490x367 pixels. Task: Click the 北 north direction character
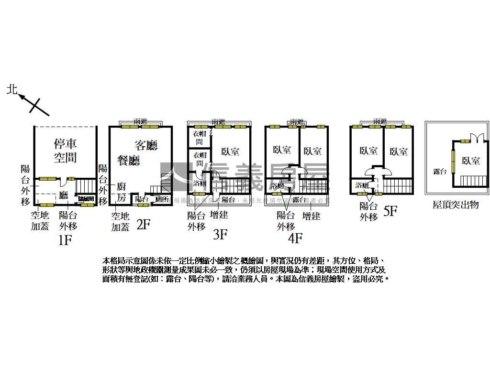pyautogui.click(x=12, y=89)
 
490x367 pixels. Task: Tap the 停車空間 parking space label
pyautogui.click(x=66, y=150)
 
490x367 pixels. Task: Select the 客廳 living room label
pyautogui.click(x=146, y=145)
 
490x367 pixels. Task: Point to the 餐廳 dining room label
pyautogui.click(x=129, y=160)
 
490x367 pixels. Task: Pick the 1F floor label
pyautogui.click(x=65, y=240)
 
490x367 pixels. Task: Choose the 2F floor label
pyautogui.click(x=144, y=225)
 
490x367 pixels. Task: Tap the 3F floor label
pyautogui.click(x=220, y=234)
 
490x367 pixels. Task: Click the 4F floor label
pyautogui.click(x=295, y=237)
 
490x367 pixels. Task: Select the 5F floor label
pyautogui.click(x=390, y=211)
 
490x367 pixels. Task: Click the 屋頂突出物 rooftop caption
pyautogui.click(x=456, y=205)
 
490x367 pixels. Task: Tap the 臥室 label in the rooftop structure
pyautogui.click(x=471, y=161)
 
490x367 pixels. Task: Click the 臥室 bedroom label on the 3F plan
pyautogui.click(x=231, y=152)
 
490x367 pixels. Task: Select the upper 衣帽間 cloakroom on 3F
pyautogui.click(x=199, y=138)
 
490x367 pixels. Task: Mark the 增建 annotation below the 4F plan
pyautogui.click(x=312, y=216)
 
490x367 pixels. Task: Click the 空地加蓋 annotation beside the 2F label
pyautogui.click(x=121, y=222)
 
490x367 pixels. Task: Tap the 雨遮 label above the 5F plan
pyautogui.click(x=380, y=122)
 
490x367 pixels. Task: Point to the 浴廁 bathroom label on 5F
pyautogui.click(x=362, y=185)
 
